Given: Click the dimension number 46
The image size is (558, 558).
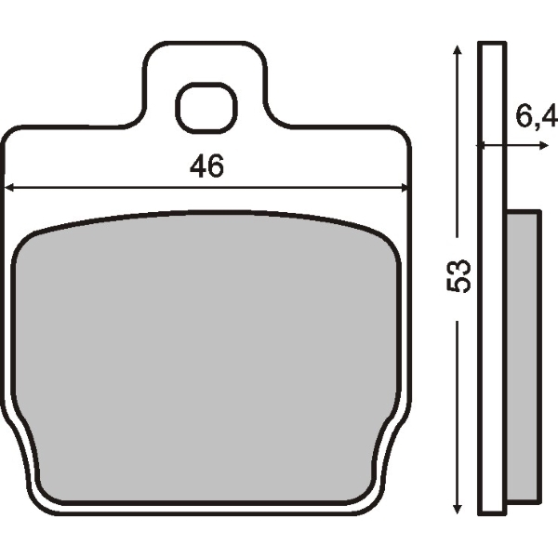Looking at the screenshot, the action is pos(206,166).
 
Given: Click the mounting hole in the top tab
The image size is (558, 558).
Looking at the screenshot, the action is pos(206,109).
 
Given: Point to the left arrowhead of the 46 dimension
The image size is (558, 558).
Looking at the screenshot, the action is pos(9,188).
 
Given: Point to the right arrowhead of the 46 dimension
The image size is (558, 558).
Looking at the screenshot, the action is pos(405,188).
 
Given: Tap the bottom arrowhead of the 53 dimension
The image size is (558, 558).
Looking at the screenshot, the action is pos(457,509).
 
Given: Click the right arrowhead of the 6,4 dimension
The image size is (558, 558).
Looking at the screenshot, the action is pos(543,145).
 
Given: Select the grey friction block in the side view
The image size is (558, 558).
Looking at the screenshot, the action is pos(523,356).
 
